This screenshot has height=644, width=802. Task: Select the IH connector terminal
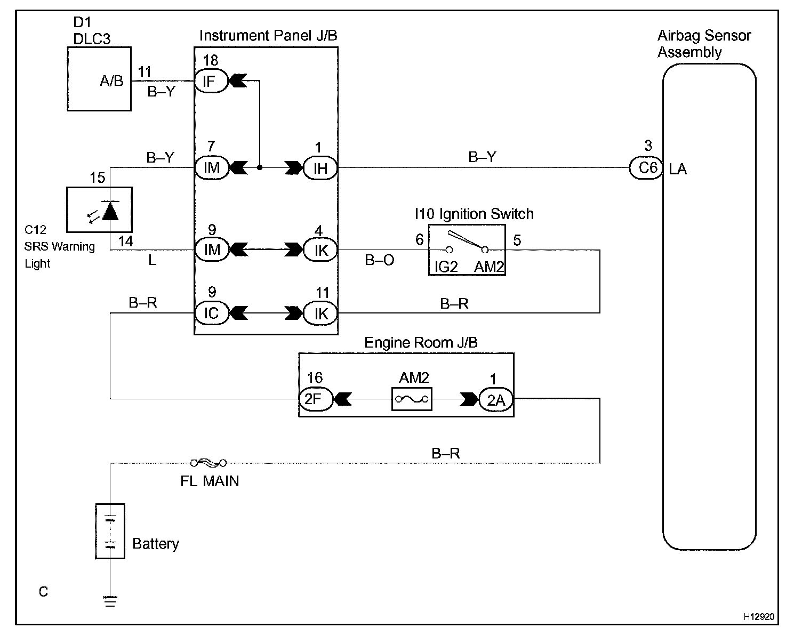pos(320,168)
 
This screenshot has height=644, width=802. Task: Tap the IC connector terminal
pos(211,313)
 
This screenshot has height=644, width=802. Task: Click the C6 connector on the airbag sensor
pos(646,168)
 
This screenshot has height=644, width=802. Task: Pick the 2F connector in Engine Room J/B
pos(315,399)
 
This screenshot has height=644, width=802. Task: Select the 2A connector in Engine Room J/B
pos(495,399)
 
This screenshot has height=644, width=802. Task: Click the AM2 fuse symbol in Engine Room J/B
pos(412,399)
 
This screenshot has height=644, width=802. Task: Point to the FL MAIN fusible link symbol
pos(208,463)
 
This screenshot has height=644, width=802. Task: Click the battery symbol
pos(110,531)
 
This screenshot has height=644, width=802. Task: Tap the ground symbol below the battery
pos(110,601)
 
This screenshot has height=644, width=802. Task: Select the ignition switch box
pos(467,249)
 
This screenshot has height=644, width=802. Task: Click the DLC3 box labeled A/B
pos(99,79)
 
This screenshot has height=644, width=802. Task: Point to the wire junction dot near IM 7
pos(260,168)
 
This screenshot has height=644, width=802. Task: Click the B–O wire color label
pos(380,261)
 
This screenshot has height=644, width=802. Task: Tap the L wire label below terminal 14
pos(152,261)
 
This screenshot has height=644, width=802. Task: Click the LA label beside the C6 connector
pos(678,170)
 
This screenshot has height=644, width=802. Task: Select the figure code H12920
pos(759,616)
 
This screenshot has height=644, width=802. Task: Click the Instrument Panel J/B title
pos(268,36)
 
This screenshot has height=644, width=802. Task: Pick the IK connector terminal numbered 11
pos(320,313)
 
